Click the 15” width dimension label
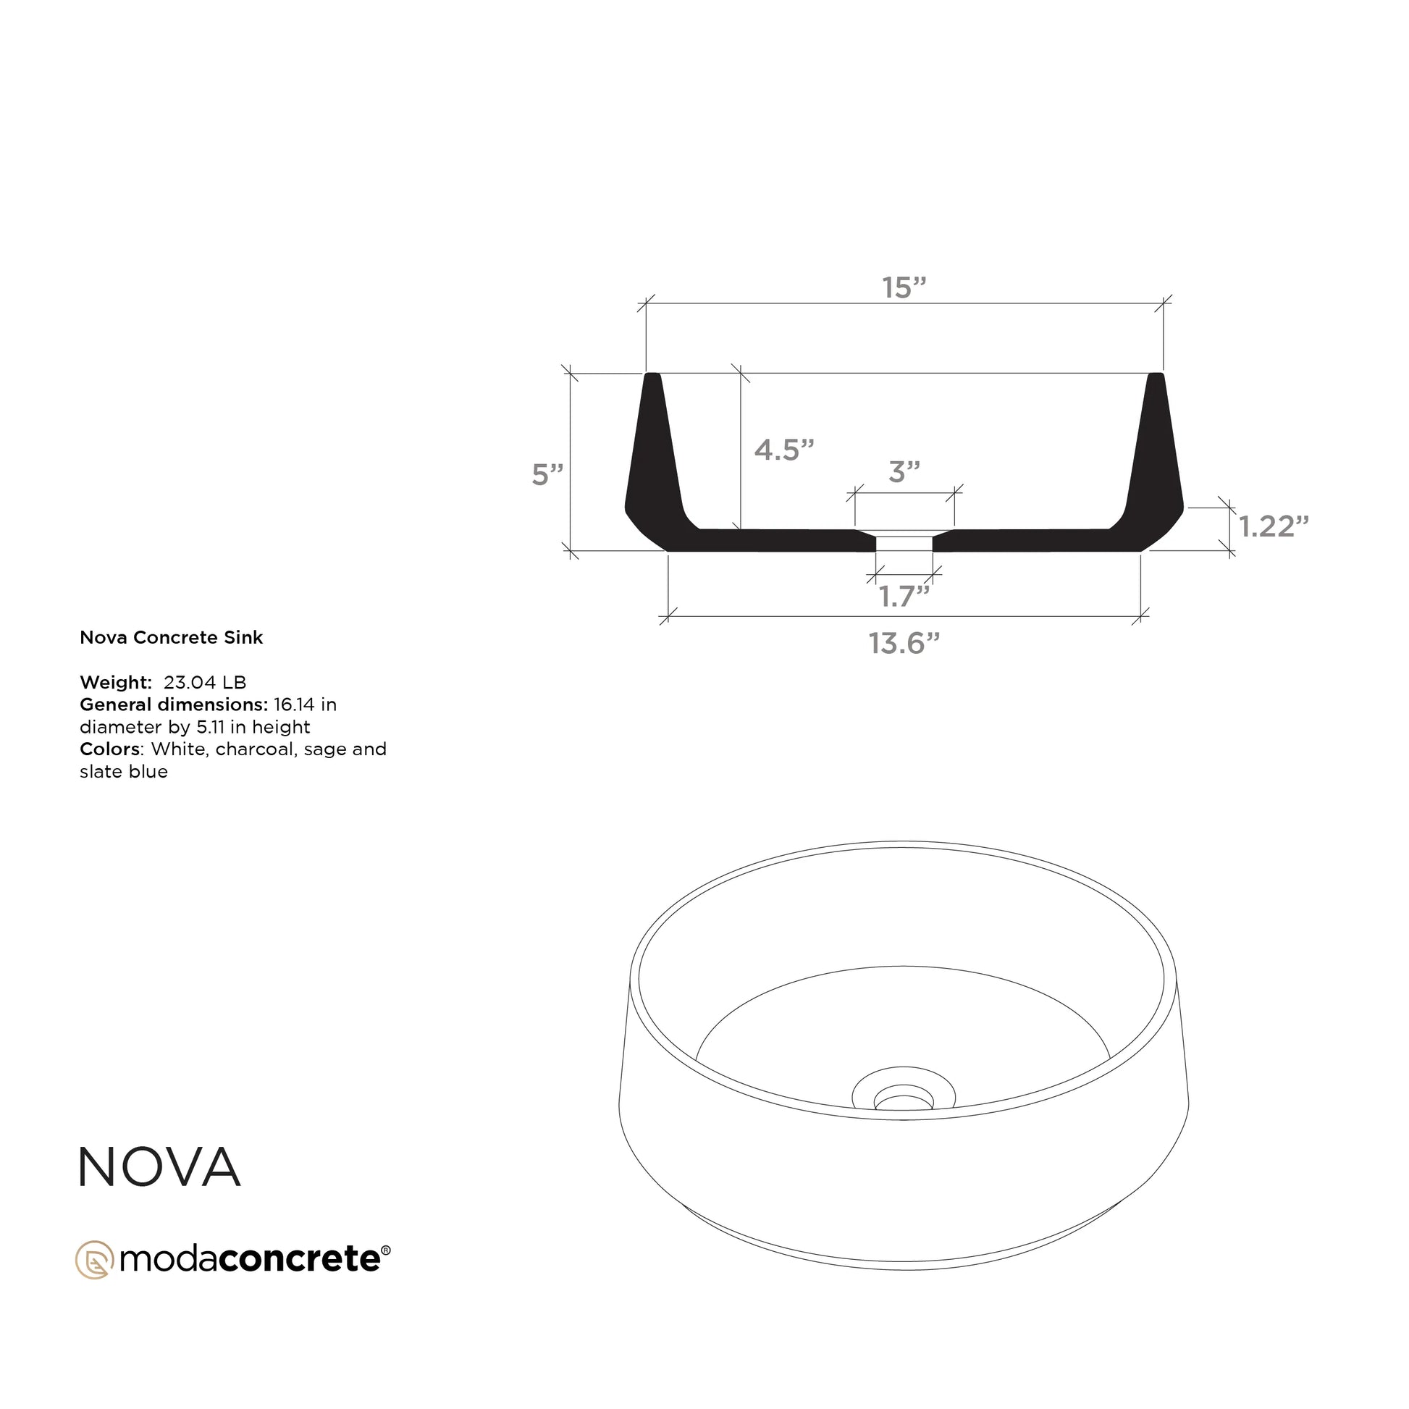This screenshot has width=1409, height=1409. pyautogui.click(x=904, y=287)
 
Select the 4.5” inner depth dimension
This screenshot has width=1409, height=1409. pyautogui.click(x=784, y=449)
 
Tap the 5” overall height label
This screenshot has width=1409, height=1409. pyautogui.click(x=547, y=474)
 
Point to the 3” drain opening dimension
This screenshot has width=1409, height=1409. pyautogui.click(x=904, y=472)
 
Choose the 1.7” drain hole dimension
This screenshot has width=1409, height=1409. pyautogui.click(x=904, y=597)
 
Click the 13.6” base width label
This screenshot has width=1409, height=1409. pyautogui.click(x=904, y=643)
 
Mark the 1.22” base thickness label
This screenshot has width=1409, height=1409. pyautogui.click(x=1274, y=526)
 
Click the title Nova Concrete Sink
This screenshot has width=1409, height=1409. pyautogui.click(x=172, y=637)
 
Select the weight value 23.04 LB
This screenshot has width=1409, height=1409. pyautogui.click(x=205, y=683)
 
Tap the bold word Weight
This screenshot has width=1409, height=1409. pyautogui.click(x=115, y=683)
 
